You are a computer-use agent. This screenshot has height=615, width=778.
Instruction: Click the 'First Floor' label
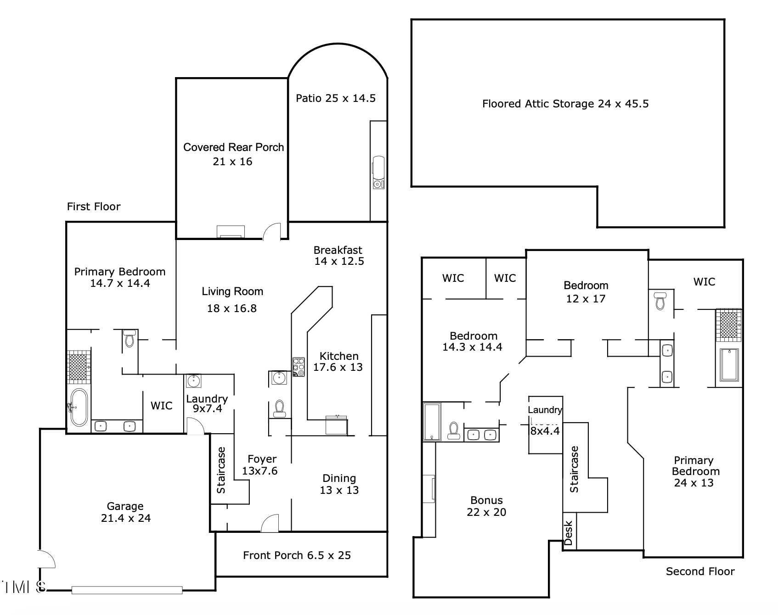[x=94, y=207]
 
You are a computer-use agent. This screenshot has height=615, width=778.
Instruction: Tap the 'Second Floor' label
[x=700, y=571]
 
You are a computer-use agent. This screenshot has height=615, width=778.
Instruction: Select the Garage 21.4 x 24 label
[x=125, y=512]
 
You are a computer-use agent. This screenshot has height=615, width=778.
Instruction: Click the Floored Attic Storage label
[x=565, y=104]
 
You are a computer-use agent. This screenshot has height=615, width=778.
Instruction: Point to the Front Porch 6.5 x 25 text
[x=297, y=555]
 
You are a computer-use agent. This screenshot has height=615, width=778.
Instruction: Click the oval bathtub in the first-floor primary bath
[x=79, y=408]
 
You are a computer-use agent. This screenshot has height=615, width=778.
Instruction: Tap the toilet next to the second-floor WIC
[x=660, y=300]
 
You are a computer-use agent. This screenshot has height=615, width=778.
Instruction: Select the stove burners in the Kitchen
[x=299, y=367]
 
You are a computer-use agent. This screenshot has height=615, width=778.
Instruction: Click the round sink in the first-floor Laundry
[x=193, y=381]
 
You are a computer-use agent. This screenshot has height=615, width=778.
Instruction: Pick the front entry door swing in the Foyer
[x=270, y=523]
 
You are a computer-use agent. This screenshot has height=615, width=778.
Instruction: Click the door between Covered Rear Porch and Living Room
[x=271, y=231]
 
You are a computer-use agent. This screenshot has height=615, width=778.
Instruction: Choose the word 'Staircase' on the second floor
[x=574, y=469]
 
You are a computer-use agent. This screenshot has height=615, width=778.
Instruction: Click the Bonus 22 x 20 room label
[x=486, y=506]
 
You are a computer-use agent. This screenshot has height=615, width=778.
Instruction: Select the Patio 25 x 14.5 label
[x=336, y=98]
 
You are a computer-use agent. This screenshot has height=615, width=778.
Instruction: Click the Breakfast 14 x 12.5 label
[x=338, y=256]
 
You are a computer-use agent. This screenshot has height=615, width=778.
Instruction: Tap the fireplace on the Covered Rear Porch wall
[x=231, y=232]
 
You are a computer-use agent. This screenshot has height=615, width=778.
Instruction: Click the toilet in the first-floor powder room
[x=279, y=408]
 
